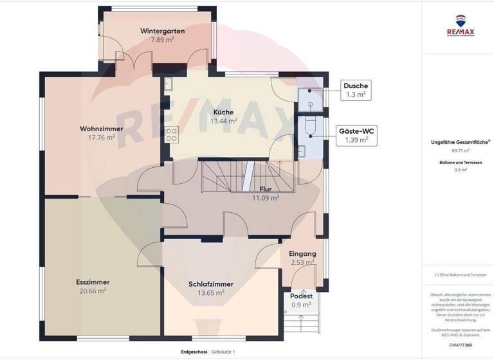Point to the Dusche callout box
pyautogui.click(x=355, y=90)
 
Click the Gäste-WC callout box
pyautogui.click(x=356, y=135)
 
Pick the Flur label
pyautogui.click(x=265, y=190)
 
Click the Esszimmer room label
pyautogui.click(x=93, y=282)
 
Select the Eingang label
pyautogui.click(x=301, y=253)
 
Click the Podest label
pyautogui.click(x=301, y=296)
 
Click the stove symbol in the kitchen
pyautogui.click(x=172, y=134)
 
